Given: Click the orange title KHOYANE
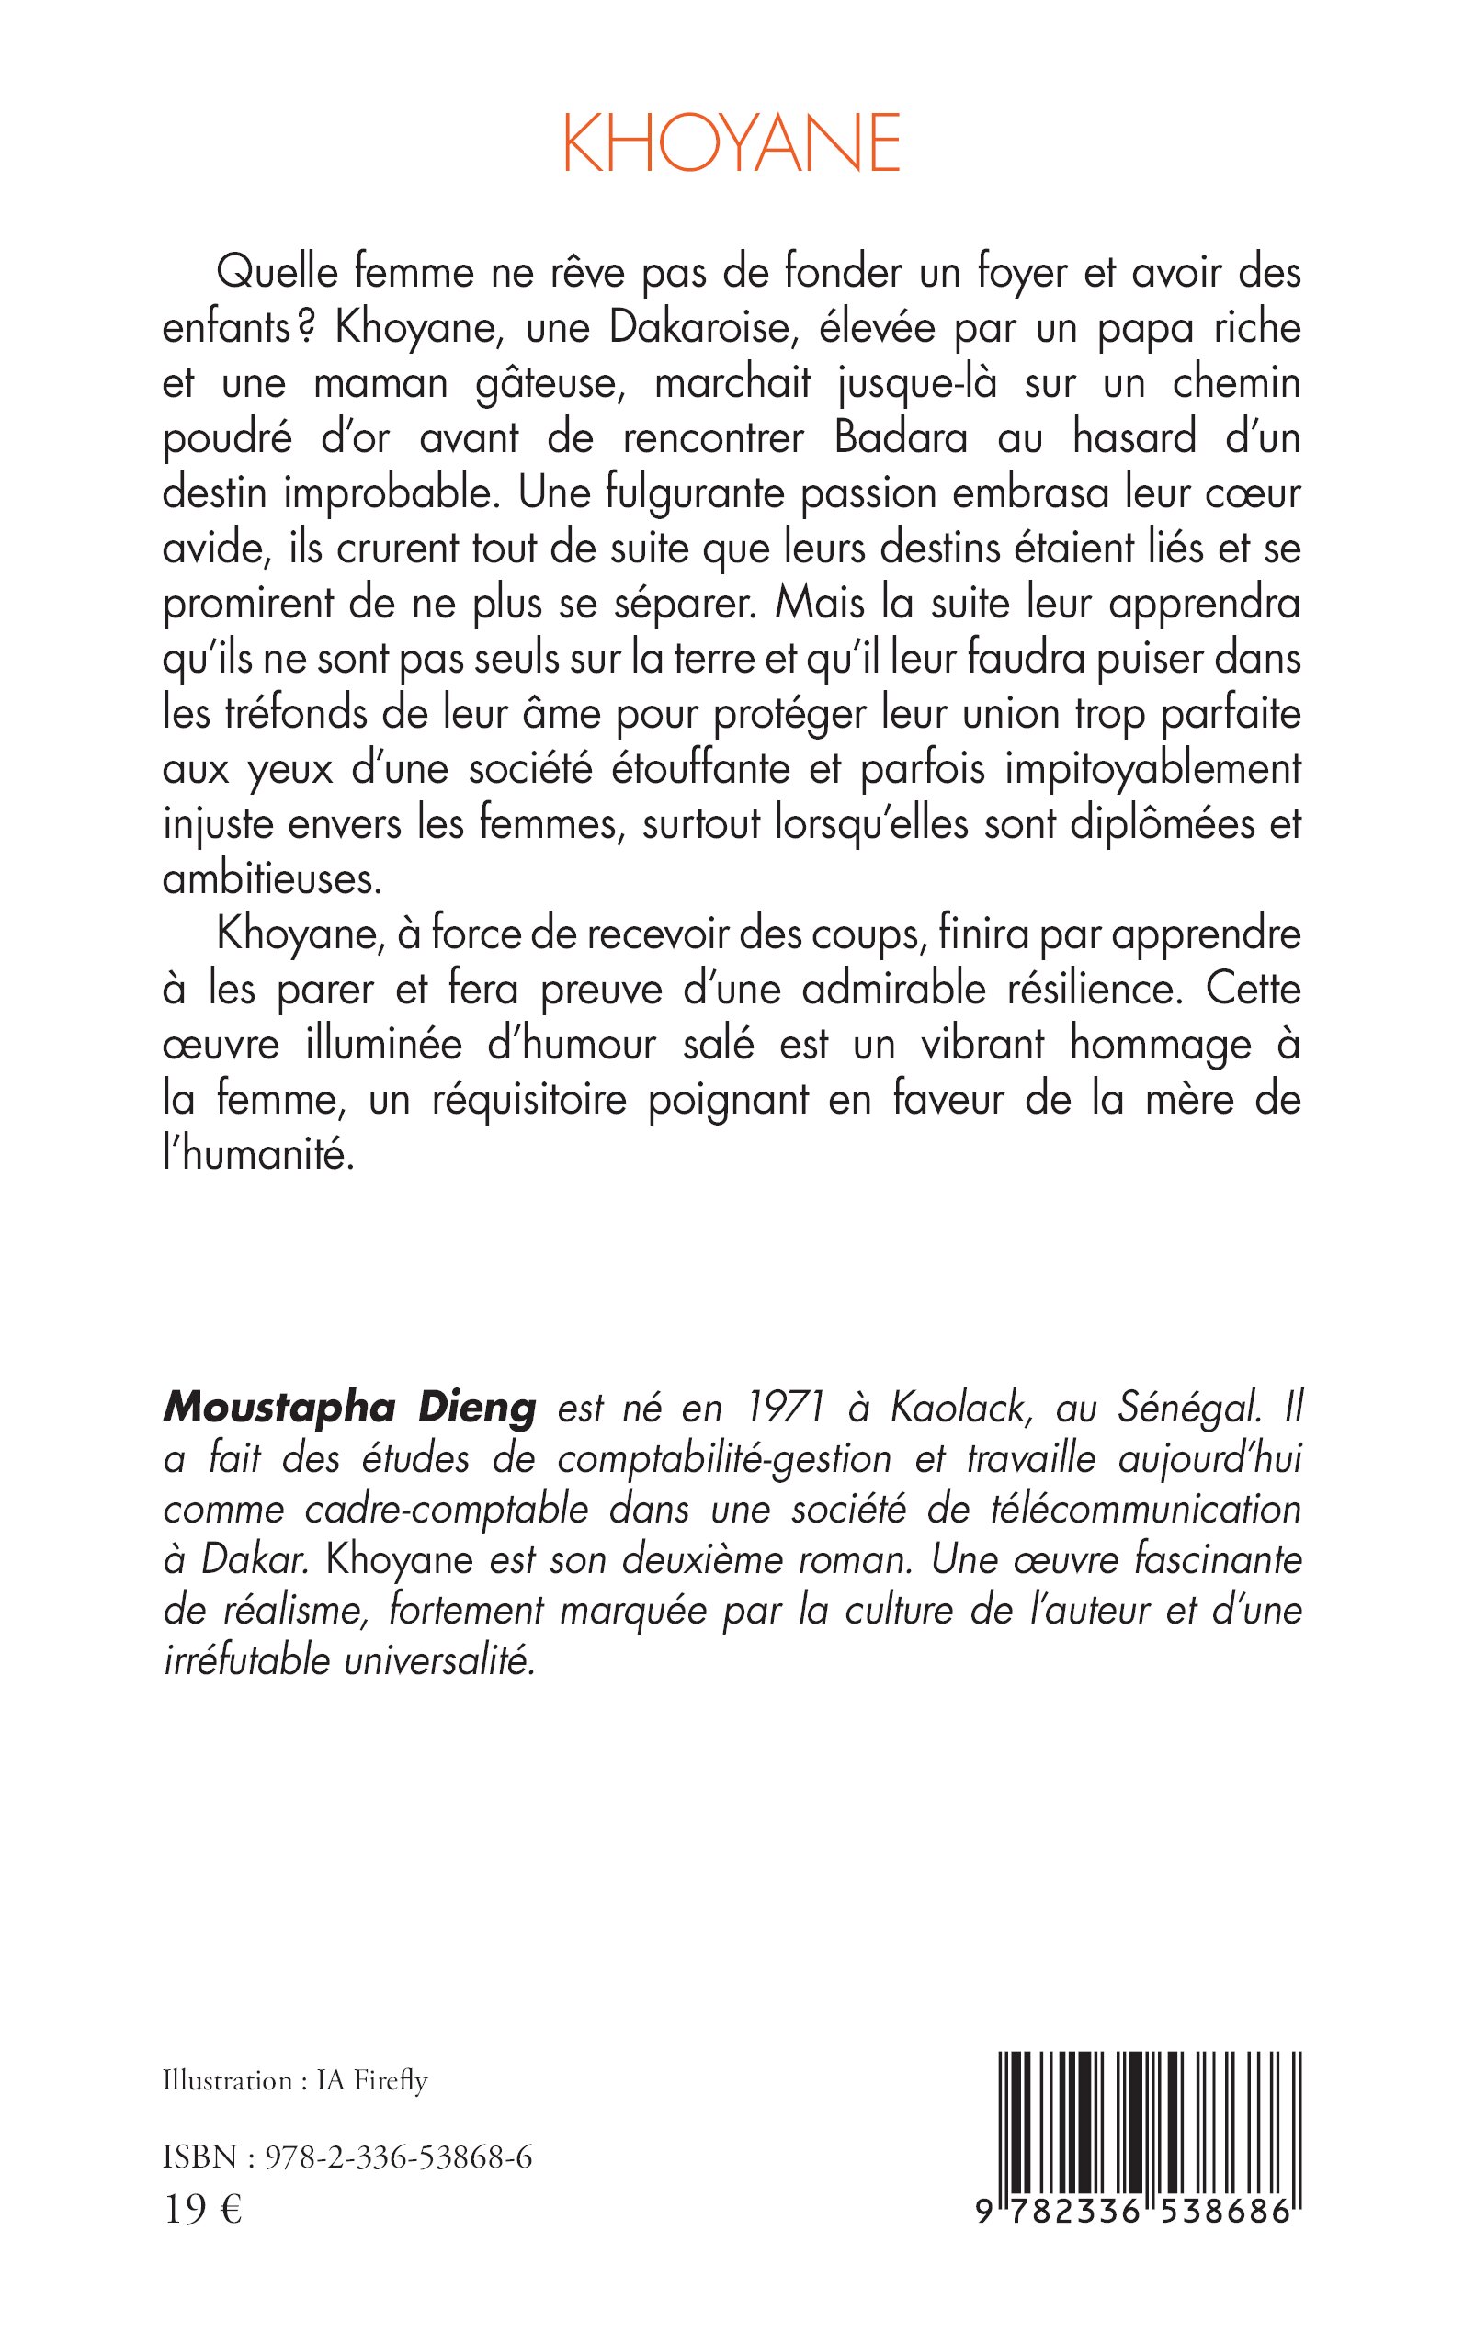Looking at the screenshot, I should tap(731, 143).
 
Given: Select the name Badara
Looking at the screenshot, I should tap(901, 438).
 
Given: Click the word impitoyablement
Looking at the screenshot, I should tap(1152, 770).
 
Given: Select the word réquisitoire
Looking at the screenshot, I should tap(528, 1101).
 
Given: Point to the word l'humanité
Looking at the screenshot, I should tap(258, 1155).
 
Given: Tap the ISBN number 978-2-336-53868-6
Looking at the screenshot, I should tap(398, 2157).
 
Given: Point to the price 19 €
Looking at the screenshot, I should tap(202, 2210).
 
